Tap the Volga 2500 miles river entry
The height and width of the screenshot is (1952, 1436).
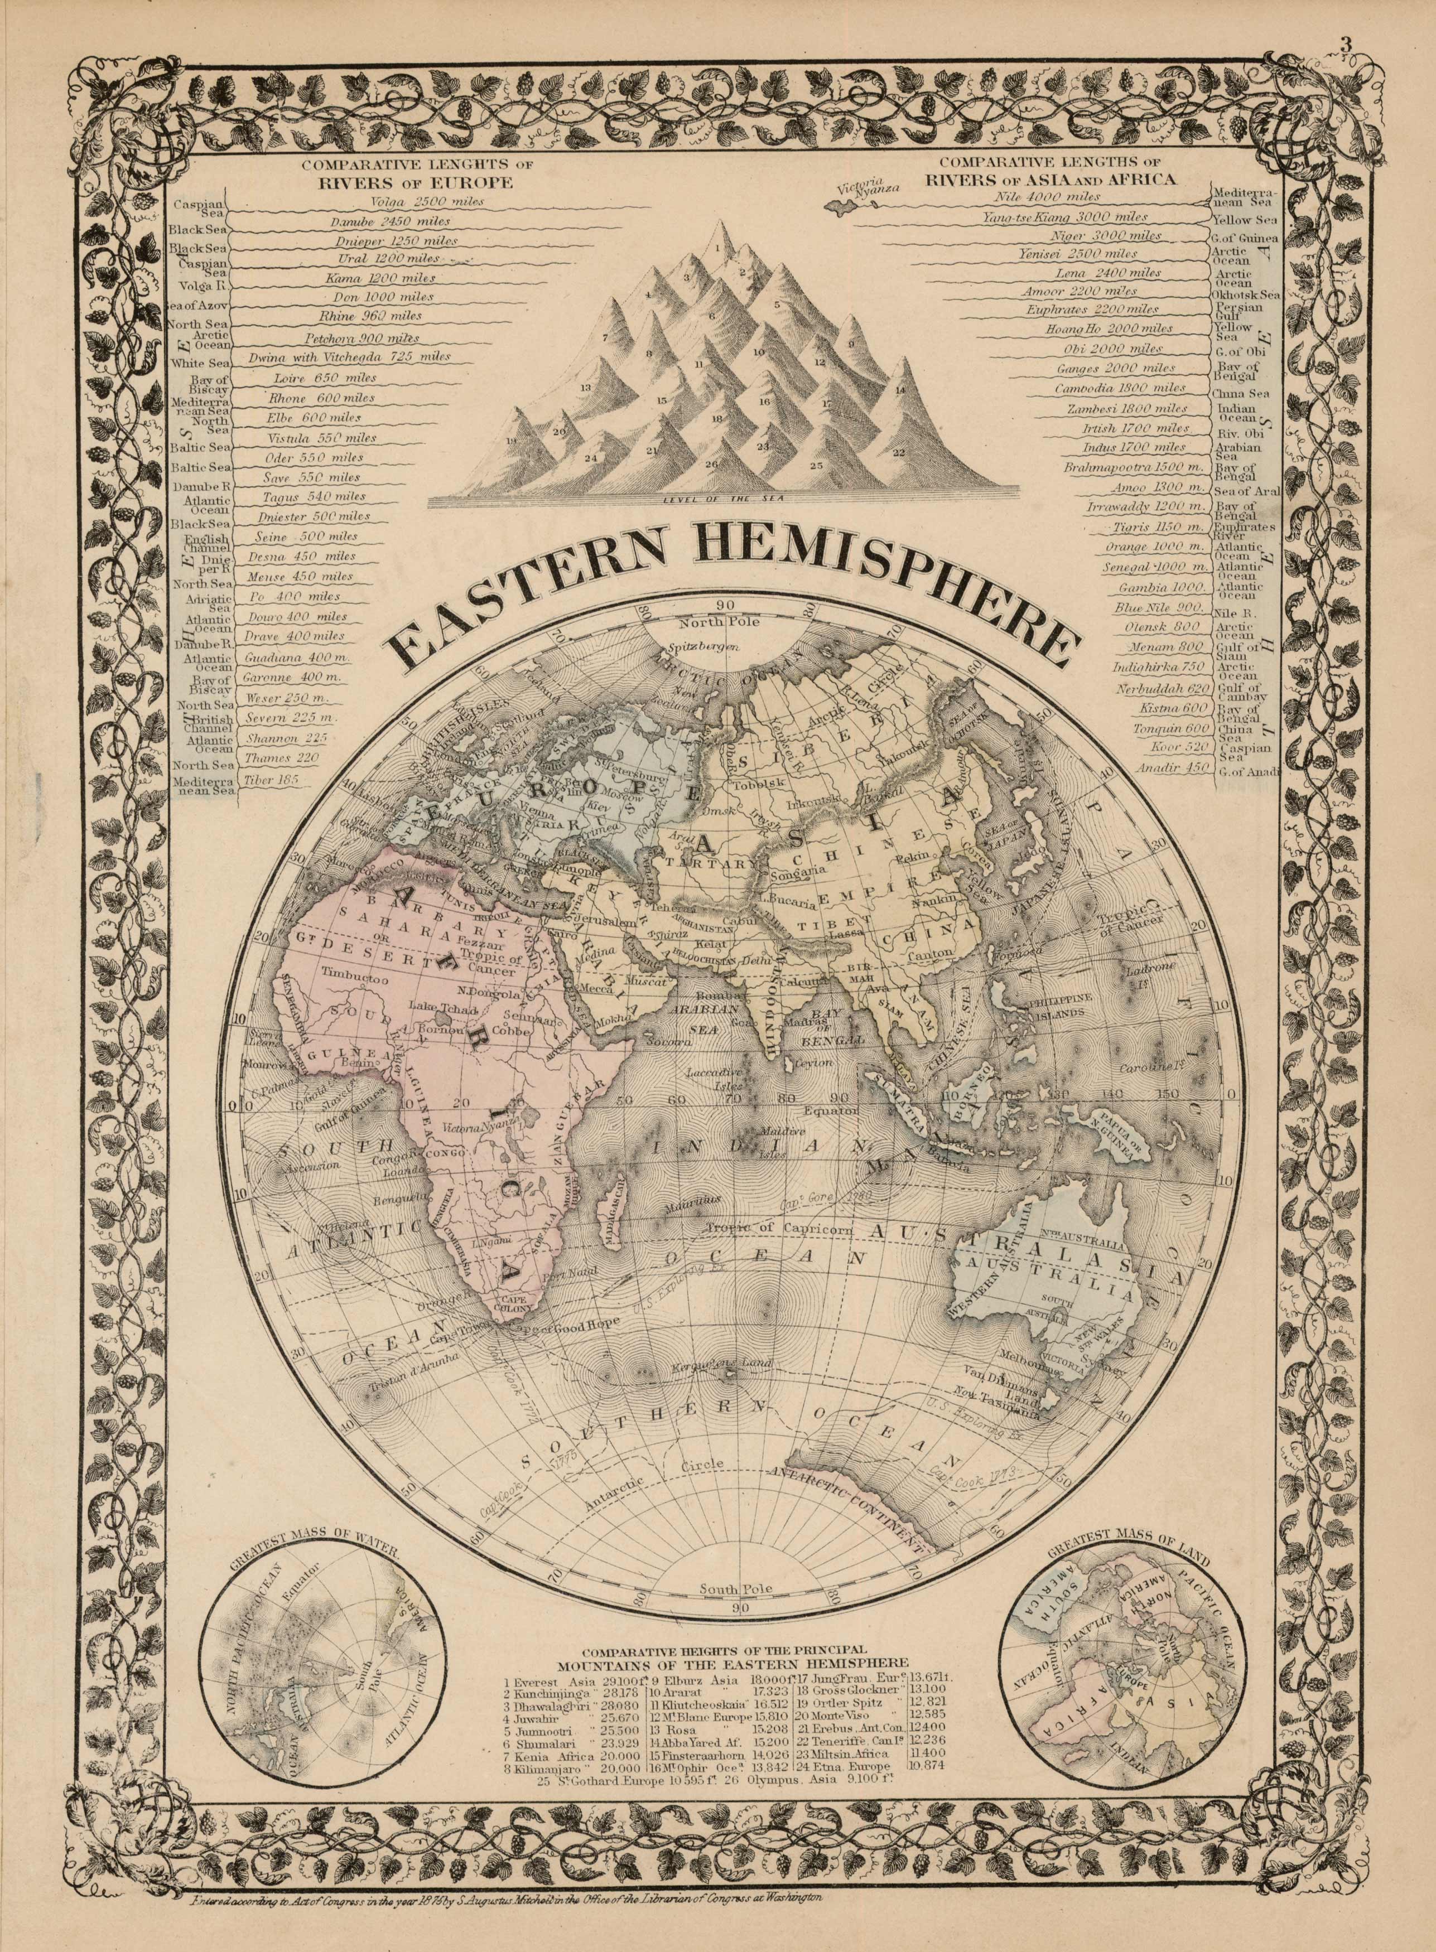(x=426, y=202)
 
